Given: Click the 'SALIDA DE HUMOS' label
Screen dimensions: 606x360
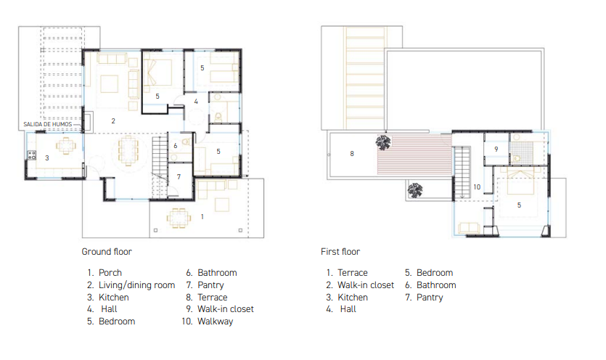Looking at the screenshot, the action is (x=48, y=124).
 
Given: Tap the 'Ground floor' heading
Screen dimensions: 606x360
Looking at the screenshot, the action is (x=107, y=252).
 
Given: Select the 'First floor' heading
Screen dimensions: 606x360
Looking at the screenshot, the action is (x=340, y=252).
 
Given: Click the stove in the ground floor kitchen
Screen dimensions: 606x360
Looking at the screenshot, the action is (x=31, y=155).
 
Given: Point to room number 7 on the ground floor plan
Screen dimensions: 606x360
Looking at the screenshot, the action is (x=179, y=176).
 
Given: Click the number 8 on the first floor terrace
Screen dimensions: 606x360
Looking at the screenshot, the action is (x=352, y=154).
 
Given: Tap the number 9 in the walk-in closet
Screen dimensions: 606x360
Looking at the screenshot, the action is (x=496, y=149).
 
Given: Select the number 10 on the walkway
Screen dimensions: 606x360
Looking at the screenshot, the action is (x=477, y=187).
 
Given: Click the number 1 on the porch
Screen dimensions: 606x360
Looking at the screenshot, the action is (x=202, y=217).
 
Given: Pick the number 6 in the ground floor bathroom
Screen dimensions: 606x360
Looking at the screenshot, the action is (x=176, y=146).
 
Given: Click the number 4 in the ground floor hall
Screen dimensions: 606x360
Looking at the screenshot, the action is (x=196, y=102).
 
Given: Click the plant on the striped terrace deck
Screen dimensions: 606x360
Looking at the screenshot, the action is (x=383, y=142).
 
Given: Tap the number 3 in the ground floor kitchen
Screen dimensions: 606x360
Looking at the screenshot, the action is (x=46, y=157).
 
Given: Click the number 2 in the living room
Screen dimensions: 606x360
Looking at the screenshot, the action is (x=113, y=121).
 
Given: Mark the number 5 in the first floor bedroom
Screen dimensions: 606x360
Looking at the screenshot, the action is (x=519, y=205).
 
